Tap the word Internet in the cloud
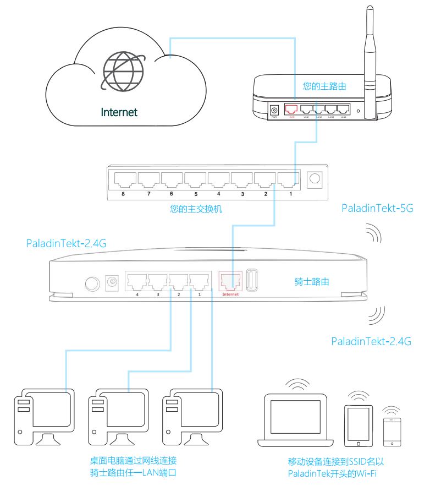tap(119, 112)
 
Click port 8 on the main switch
tap(125, 178)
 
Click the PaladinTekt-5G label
tap(377, 209)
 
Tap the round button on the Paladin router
tap(91, 283)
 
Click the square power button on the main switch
tap(316, 178)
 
